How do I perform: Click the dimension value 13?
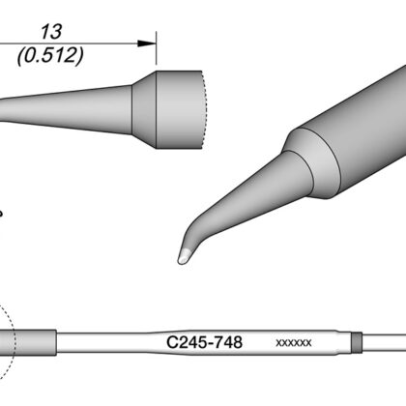coord(51,32)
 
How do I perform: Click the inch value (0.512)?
coord(50,55)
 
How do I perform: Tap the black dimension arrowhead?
coord(147,43)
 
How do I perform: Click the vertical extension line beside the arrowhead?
coord(157,48)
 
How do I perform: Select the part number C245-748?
coord(204,342)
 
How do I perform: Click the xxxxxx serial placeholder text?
coord(294,343)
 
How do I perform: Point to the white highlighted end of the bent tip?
coord(184,256)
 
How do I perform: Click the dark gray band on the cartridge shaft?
coord(357,342)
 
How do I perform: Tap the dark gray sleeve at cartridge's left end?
coord(28,343)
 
